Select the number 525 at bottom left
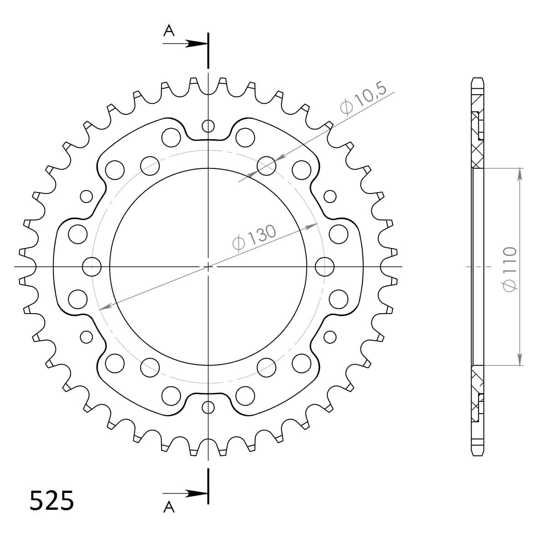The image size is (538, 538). (x=51, y=501)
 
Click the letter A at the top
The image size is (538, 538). (x=169, y=30)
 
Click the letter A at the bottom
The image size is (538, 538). (x=169, y=507)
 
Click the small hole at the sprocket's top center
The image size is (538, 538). (x=208, y=126)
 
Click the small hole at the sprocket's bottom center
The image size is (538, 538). (x=208, y=407)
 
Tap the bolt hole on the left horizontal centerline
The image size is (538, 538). (x=92, y=266)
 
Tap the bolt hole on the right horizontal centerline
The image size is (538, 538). (x=324, y=266)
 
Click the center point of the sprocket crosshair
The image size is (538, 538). (x=208, y=266)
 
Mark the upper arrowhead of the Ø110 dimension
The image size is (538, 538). (x=519, y=173)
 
